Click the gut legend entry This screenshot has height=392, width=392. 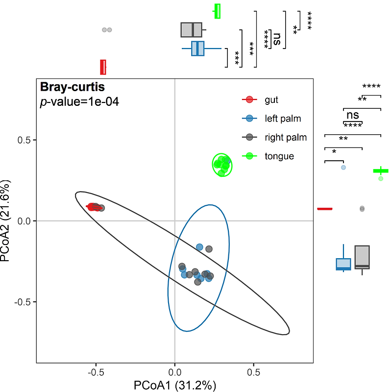pyautogui.click(x=271, y=100)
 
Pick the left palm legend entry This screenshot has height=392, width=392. pyautogui.click(x=282, y=119)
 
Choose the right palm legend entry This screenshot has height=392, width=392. pyautogui.click(x=285, y=137)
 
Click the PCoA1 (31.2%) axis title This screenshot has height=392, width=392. pyautogui.click(x=175, y=385)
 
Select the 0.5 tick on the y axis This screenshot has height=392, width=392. pyautogui.click(x=24, y=140)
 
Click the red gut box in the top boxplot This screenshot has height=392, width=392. pyautogui.click(x=103, y=67)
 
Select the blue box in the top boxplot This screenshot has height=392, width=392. pyautogui.click(x=197, y=49)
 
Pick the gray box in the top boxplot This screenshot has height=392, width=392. pyautogui.click(x=191, y=30)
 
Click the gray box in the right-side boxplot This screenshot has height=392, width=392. pyautogui.click(x=362, y=257)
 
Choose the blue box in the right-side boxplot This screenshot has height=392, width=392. pyautogui.click(x=343, y=264)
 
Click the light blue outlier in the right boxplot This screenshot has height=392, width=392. pyautogui.click(x=343, y=168)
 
